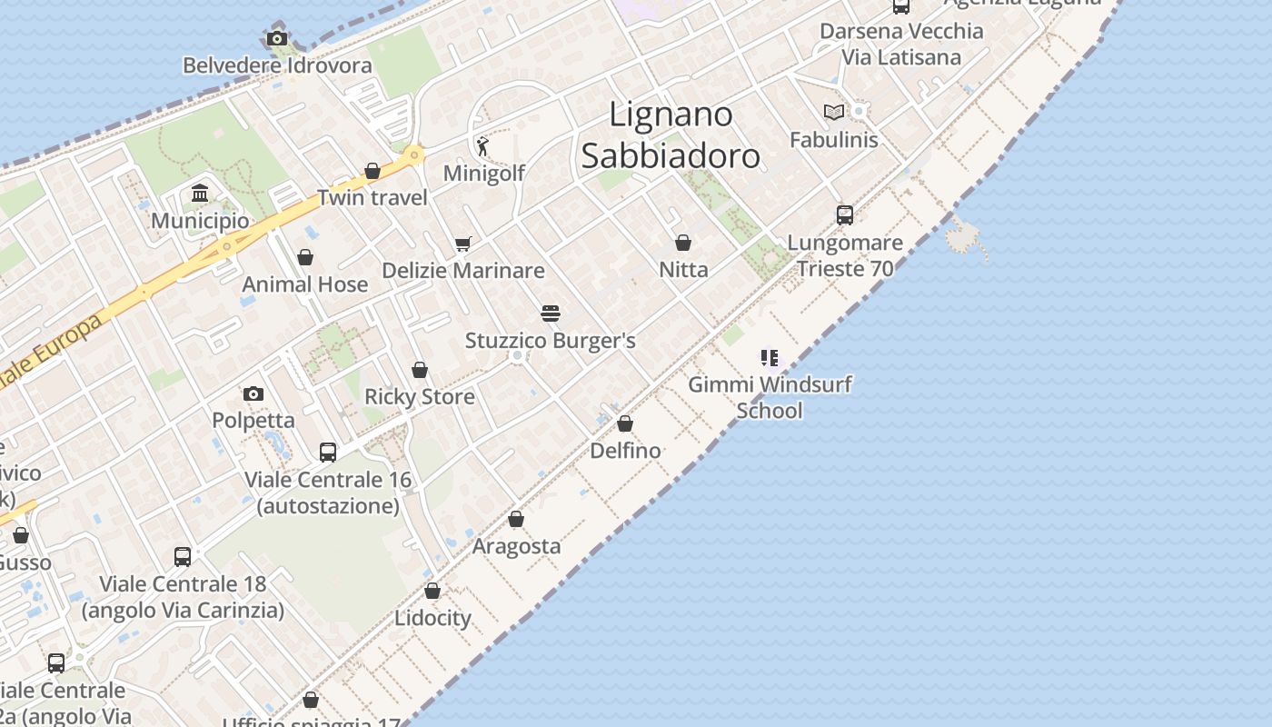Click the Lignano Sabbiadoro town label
pos(671,134)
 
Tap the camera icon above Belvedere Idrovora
pos(277,38)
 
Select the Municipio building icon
pos(200,193)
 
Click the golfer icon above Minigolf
pos(482,145)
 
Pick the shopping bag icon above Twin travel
pos(372,171)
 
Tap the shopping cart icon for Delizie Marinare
pos(462,244)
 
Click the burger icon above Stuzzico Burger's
pos(551,314)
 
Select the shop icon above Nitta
pos(683,243)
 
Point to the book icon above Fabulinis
pos(833,112)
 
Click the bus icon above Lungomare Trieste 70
pos(845,215)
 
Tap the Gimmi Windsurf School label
pos(770,397)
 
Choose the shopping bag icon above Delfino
pos(625,423)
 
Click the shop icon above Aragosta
pos(516,519)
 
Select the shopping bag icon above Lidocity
pos(432,591)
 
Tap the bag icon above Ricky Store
pos(420,370)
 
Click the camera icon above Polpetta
pos(253,393)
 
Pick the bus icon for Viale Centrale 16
pos(328,452)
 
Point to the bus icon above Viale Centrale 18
pos(183,556)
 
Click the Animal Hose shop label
pos(305,284)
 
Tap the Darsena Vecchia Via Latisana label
pos(901,44)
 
